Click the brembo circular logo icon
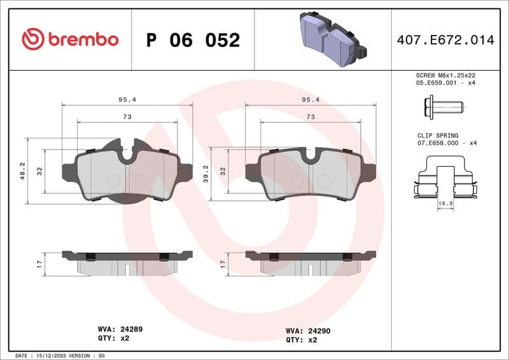(32, 39)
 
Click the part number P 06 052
(193, 40)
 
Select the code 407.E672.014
(445, 40)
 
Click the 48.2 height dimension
(23, 170)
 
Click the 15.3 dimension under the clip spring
(445, 203)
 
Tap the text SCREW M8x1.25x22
(445, 74)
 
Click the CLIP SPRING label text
(433, 135)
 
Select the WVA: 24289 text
(120, 329)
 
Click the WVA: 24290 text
(309, 331)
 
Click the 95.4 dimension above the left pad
(126, 99)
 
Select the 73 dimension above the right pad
(310, 117)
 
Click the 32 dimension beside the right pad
(223, 171)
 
